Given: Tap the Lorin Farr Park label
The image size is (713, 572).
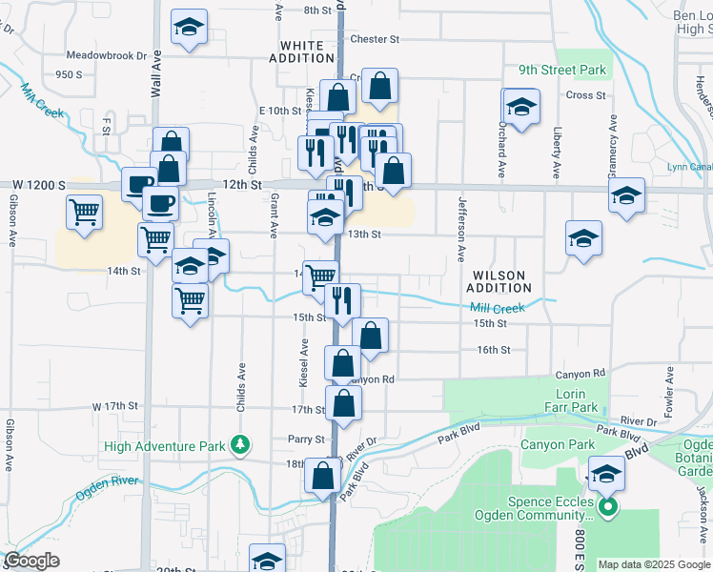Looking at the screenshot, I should click(576, 400).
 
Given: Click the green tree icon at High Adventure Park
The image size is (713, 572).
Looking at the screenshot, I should click(242, 444).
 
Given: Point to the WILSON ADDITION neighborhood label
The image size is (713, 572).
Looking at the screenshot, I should click(499, 281).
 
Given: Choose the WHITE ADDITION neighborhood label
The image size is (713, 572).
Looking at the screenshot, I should click(307, 51).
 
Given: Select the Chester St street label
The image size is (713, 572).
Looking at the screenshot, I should click(374, 39).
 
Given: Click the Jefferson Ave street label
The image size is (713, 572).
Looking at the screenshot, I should click(461, 229).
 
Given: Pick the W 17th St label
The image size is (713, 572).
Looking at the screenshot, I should click(116, 406).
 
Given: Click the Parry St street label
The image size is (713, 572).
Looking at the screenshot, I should click(306, 439).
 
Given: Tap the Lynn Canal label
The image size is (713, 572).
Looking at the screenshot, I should click(690, 167).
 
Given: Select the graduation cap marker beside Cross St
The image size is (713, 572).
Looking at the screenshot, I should click(520, 108).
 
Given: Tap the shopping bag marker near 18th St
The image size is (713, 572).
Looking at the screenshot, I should click(323, 476).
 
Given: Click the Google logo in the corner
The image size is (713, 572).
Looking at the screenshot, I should click(31, 561).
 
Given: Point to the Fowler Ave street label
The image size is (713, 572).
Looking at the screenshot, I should click(670, 386).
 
